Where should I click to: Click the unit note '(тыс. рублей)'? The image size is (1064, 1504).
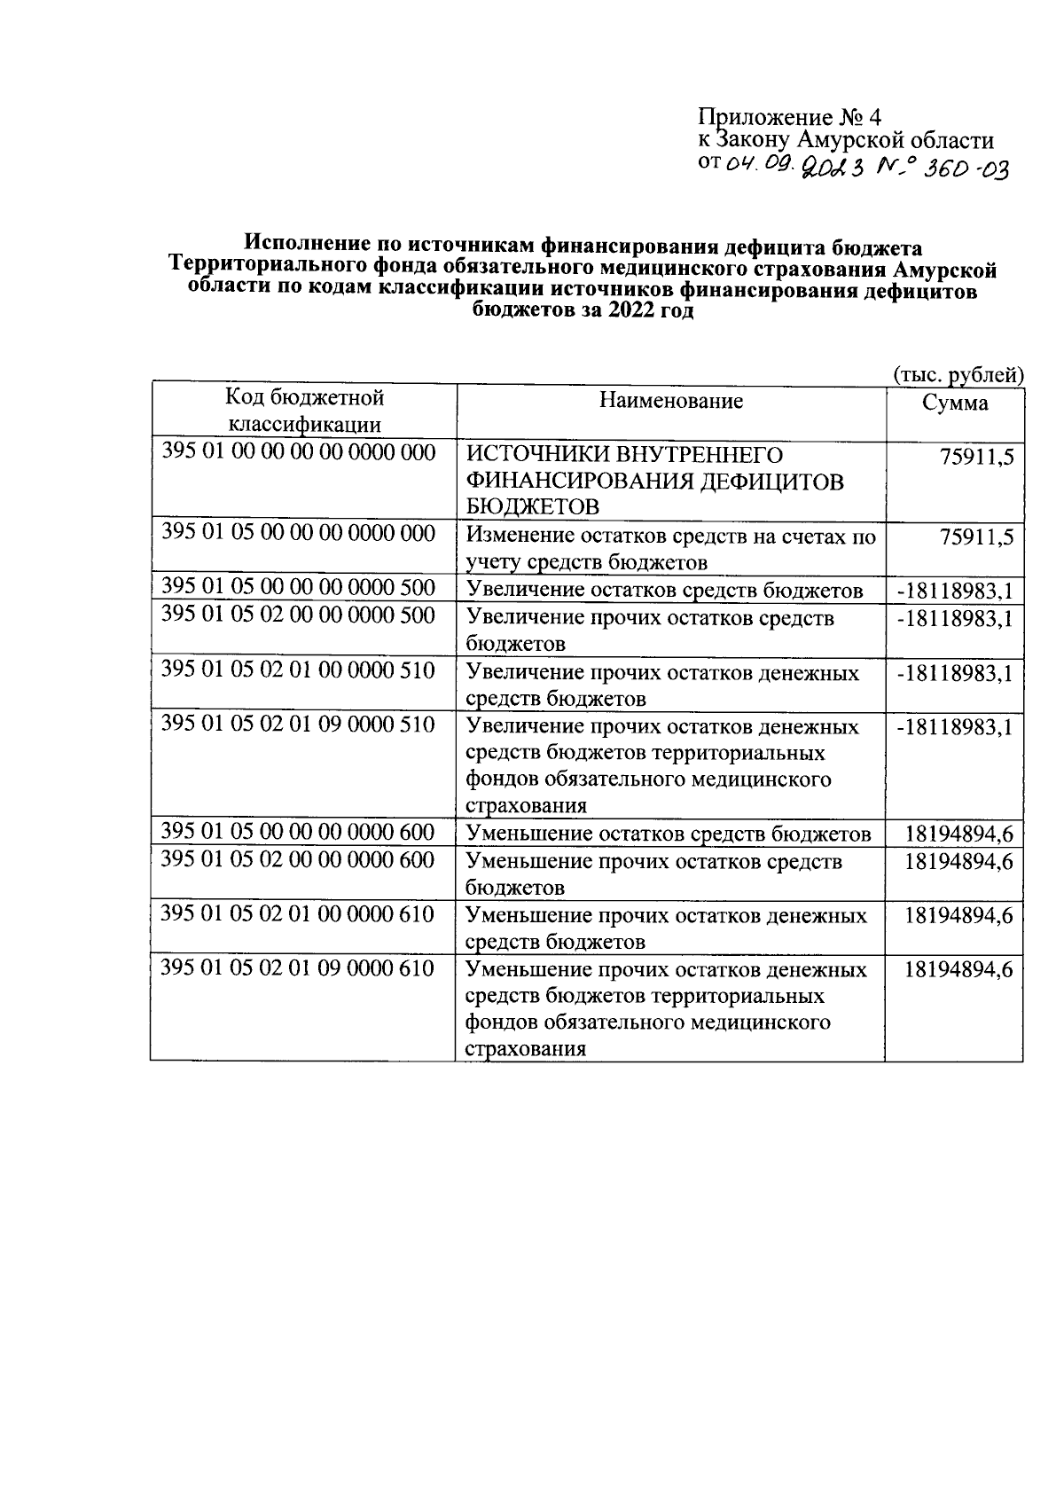pyautogui.click(x=958, y=375)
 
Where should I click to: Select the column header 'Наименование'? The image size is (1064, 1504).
pyautogui.click(x=670, y=401)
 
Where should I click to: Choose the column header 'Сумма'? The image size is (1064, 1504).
pyautogui.click(x=955, y=403)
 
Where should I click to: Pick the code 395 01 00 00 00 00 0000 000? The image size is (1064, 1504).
pyautogui.click(x=298, y=453)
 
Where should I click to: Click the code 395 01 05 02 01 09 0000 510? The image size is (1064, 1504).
pyautogui.click(x=298, y=725)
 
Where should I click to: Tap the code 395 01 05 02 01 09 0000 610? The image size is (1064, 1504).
pyautogui.click(x=298, y=967)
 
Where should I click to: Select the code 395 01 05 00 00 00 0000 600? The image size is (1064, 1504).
pyautogui.click(x=298, y=832)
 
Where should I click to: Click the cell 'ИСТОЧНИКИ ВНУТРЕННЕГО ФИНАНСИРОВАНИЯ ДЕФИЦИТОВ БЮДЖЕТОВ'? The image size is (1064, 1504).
pyautogui.click(x=655, y=481)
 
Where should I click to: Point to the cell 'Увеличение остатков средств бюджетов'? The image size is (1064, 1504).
pyautogui.click(x=664, y=591)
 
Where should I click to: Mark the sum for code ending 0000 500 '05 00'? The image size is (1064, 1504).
pyautogui.click(x=954, y=591)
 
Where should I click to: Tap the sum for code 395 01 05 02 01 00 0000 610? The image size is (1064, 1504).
pyautogui.click(x=958, y=915)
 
